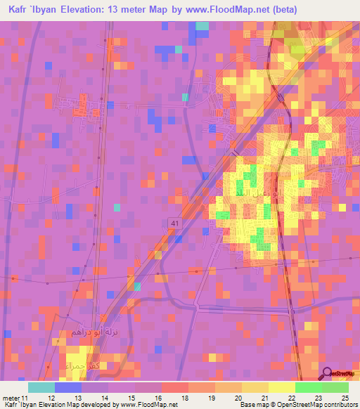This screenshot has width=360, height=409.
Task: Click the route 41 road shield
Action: (x=172, y=223)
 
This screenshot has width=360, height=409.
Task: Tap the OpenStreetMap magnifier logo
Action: (x=328, y=374)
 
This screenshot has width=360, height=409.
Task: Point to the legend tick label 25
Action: (x=345, y=398)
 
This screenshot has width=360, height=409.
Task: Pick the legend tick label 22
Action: (x=292, y=398)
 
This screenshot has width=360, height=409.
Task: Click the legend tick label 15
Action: (x=131, y=398)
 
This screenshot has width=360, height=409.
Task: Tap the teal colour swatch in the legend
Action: (x=41, y=387)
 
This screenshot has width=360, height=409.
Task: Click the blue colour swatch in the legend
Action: (x=68, y=387)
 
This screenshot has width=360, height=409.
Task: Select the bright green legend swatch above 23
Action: (x=309, y=387)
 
